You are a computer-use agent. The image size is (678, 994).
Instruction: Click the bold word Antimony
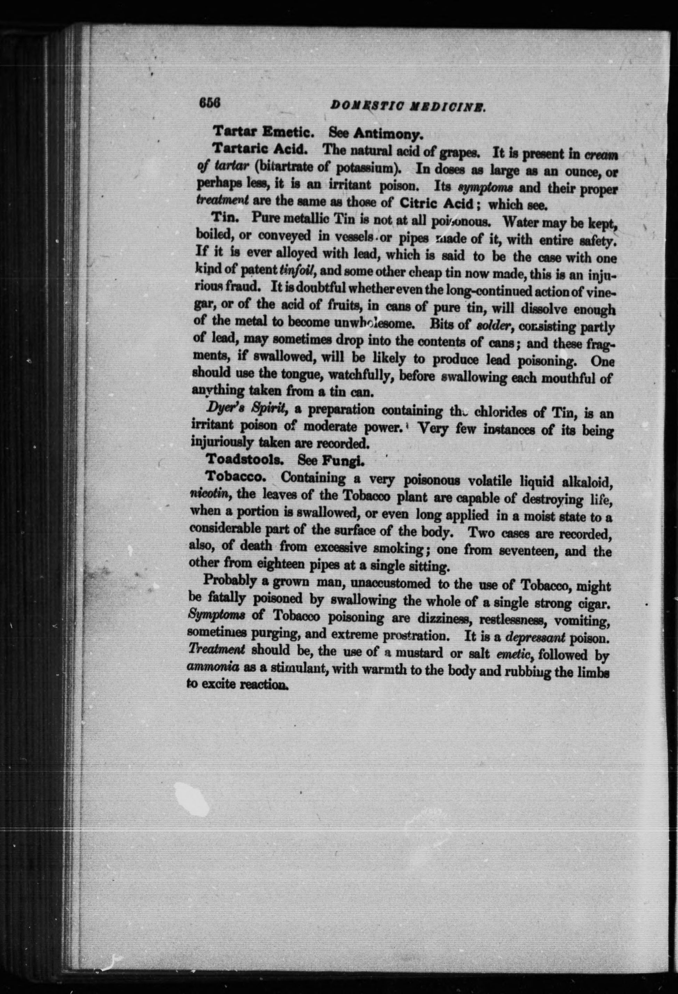point(388,135)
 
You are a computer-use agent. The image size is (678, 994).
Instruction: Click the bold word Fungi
point(343,461)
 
